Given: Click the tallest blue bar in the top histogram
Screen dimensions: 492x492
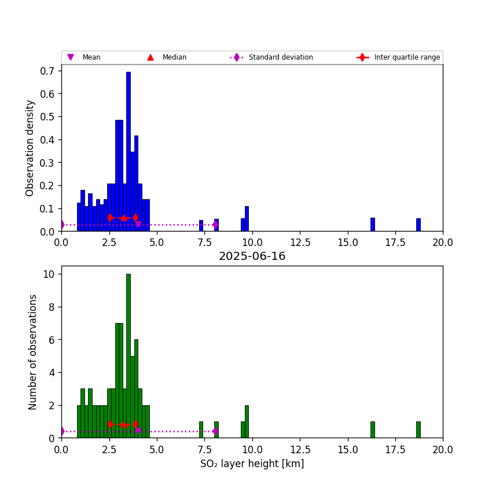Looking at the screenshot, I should (x=128, y=150).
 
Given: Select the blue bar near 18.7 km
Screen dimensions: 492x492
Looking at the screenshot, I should (x=418, y=225).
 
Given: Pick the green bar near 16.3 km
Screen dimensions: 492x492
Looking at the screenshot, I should (x=373, y=429).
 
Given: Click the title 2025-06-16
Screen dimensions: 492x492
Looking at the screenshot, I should (x=252, y=256).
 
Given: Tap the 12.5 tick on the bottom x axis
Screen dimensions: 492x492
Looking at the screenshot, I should (x=300, y=449).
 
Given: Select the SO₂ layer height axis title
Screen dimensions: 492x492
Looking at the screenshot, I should (x=252, y=464).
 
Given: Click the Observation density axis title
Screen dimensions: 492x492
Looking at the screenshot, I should (x=31, y=148).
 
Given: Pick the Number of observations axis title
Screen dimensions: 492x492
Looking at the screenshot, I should (x=33, y=352).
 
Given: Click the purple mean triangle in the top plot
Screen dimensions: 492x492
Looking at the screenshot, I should (x=138, y=225).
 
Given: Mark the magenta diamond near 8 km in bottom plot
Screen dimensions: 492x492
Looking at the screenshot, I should (x=215, y=431).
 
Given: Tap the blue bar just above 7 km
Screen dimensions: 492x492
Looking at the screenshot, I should (x=201, y=226).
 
